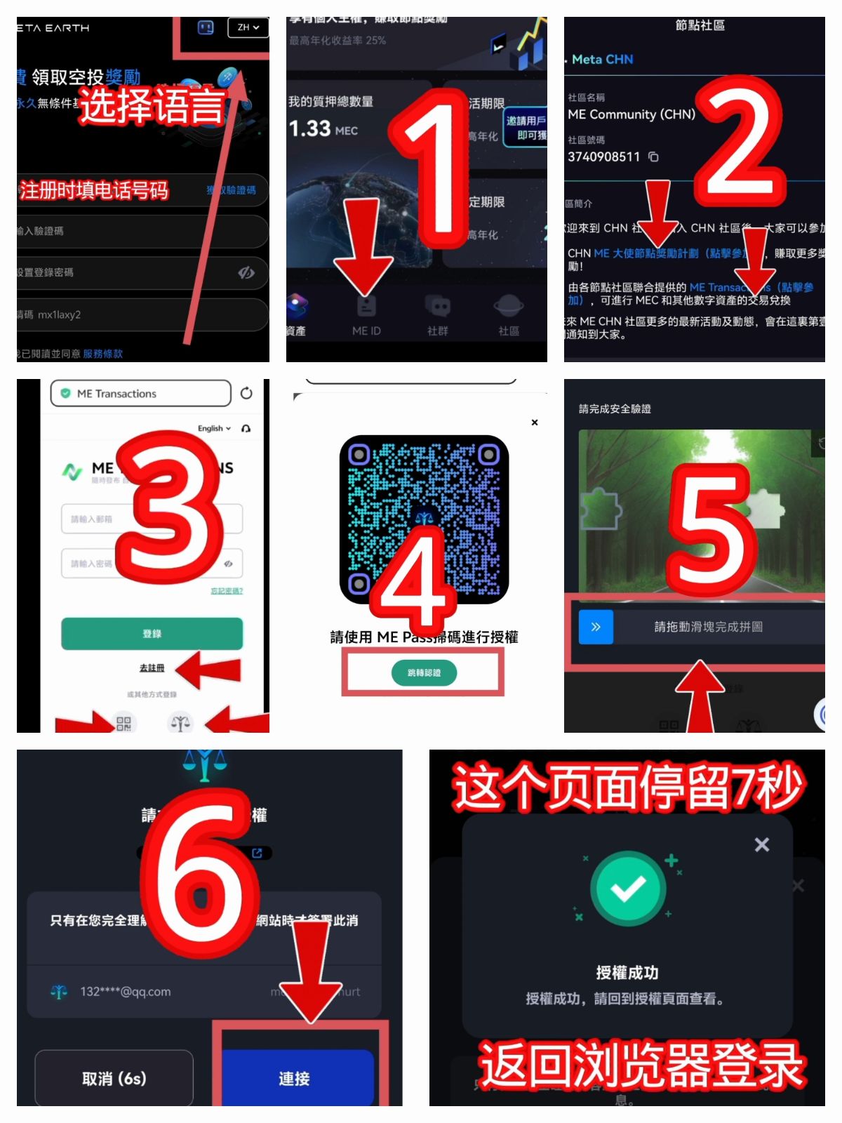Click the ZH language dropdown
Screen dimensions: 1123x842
point(248,27)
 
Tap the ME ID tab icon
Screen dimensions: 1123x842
point(366,307)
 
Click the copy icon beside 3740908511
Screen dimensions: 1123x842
point(653,157)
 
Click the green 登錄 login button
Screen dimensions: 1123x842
point(152,634)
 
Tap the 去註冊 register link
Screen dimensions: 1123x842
point(152,668)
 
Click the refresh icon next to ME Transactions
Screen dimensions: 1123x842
point(246,393)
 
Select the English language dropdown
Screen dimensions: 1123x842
point(213,428)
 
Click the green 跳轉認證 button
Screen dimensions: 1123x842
point(424,672)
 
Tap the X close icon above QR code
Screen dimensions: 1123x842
point(535,423)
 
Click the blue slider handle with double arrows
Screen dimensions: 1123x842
point(596,627)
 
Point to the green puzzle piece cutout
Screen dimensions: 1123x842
point(600,508)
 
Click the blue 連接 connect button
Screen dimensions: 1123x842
point(295,1078)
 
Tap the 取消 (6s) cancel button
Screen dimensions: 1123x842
point(114,1078)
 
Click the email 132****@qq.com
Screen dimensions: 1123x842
point(125,992)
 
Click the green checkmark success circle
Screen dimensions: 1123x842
point(628,889)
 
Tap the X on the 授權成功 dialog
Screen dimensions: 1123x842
point(762,844)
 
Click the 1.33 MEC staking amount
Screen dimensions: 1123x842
point(323,129)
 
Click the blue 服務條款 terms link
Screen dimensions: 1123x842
point(102,354)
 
